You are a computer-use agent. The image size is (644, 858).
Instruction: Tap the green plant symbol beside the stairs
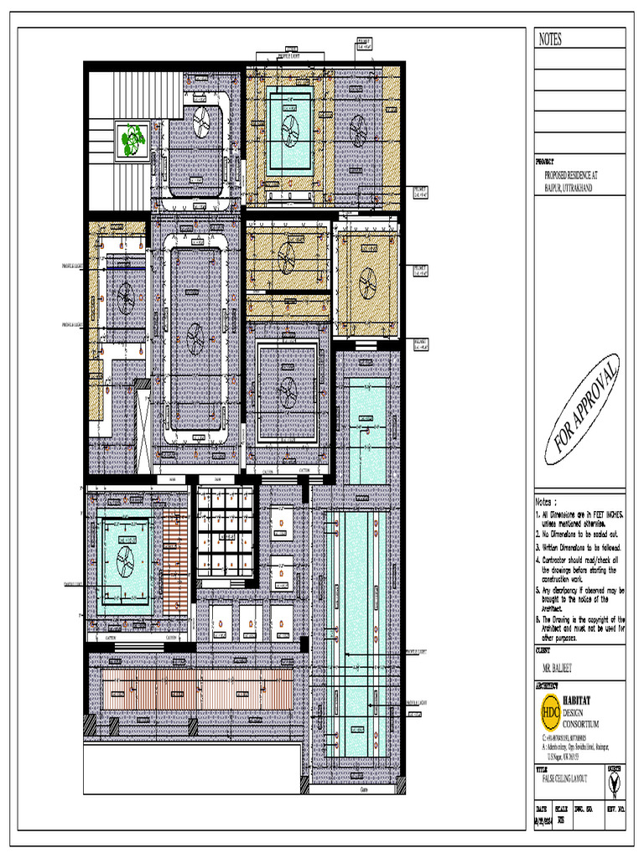point(132,140)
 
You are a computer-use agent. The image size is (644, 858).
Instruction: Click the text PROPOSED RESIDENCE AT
point(573,176)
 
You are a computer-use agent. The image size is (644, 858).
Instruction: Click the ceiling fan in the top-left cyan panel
point(289,127)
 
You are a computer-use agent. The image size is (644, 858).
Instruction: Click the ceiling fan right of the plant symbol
point(202,123)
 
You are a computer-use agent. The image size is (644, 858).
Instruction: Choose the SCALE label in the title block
point(563,809)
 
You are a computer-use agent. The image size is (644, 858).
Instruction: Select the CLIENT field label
point(545,649)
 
